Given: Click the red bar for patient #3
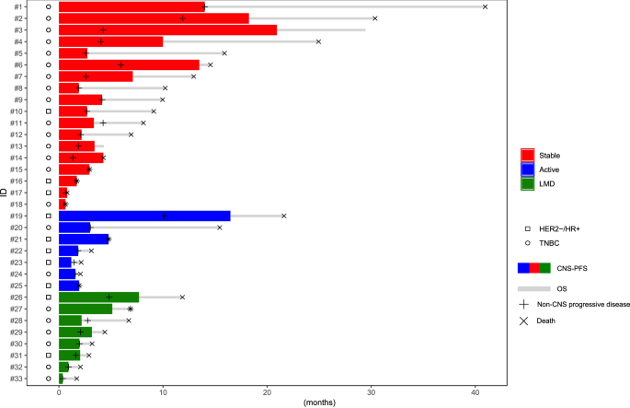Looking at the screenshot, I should tap(167, 29).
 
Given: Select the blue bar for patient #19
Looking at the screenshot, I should tap(144, 216).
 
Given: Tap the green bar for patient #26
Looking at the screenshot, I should tap(98, 297).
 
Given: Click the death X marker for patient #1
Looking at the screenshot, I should tap(485, 6).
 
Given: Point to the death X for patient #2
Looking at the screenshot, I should tap(374, 18).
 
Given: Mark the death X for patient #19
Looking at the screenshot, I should tap(284, 216).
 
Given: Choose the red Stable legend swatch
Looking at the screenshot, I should tap(528, 156).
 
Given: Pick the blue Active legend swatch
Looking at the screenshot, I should tap(528, 169).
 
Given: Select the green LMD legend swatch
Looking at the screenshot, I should tap(528, 183).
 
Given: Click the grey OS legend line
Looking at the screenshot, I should tap(533, 288).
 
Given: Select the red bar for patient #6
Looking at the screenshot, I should tap(129, 64).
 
